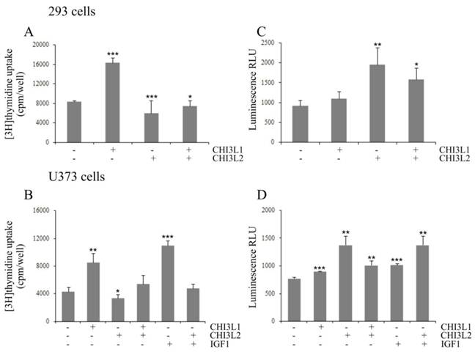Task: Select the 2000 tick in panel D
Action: point(277,210)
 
